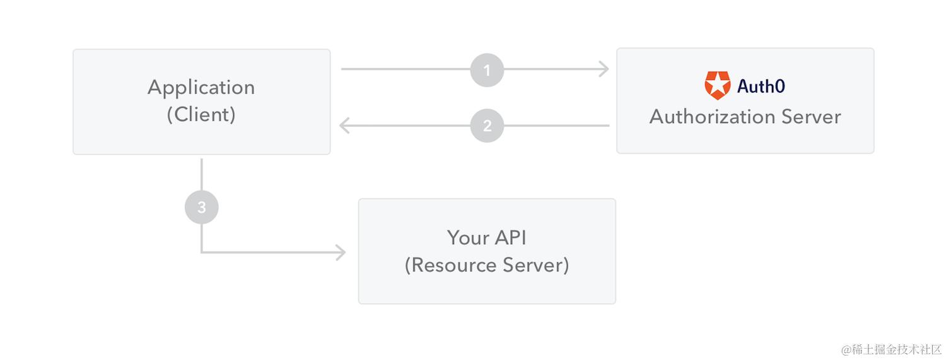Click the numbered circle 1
pyautogui.click(x=487, y=69)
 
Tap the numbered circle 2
pyautogui.click(x=487, y=125)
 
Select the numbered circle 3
pyautogui.click(x=201, y=207)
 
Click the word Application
pyautogui.click(x=201, y=87)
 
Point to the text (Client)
pyautogui.click(x=201, y=115)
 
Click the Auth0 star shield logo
pyautogui.click(x=717, y=86)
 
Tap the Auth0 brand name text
pyautogui.click(x=761, y=86)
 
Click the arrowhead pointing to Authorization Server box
pyautogui.click(x=605, y=69)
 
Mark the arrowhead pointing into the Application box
pyautogui.click(x=344, y=125)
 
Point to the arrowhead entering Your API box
pyautogui.click(x=341, y=253)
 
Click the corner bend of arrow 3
pyautogui.click(x=202, y=252)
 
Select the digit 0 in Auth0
pyautogui.click(x=780, y=86)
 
